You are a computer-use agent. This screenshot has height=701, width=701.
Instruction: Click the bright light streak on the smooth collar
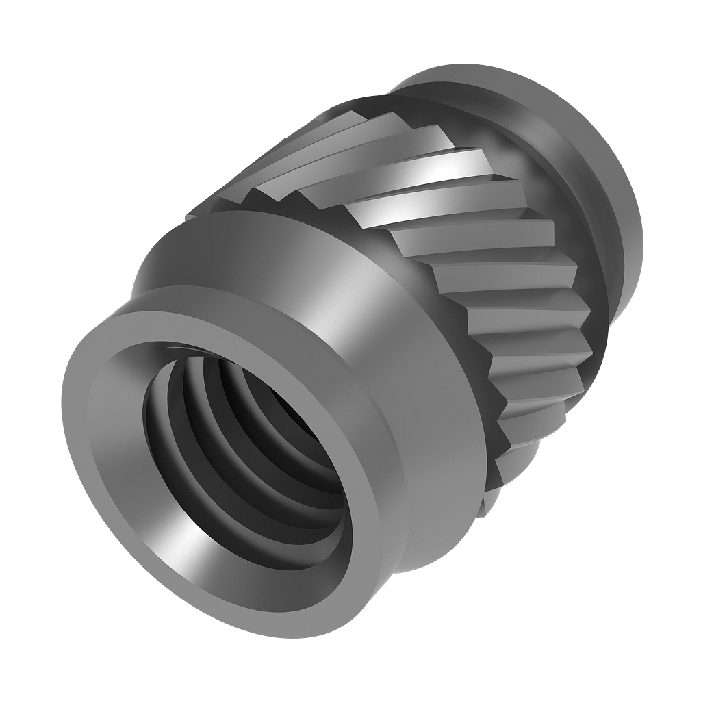[x=356, y=301]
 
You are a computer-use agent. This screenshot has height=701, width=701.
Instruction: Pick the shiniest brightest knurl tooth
[x=438, y=164]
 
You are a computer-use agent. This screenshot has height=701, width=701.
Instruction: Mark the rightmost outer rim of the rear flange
[x=641, y=226]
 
